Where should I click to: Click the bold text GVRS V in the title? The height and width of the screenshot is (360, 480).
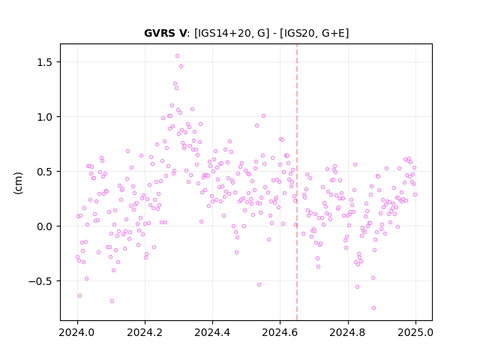pyautogui.click(x=165, y=33)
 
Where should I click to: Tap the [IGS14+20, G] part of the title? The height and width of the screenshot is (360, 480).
pyautogui.click(x=232, y=33)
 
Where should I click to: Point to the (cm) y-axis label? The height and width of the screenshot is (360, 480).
pyautogui.click(x=18, y=183)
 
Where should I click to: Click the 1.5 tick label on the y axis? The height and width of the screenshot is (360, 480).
pyautogui.click(x=45, y=62)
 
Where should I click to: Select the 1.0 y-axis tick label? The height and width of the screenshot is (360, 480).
pyautogui.click(x=45, y=117)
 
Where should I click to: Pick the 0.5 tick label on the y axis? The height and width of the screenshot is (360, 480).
pyautogui.click(x=45, y=172)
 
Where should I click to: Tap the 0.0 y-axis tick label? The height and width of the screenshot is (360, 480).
pyautogui.click(x=45, y=226)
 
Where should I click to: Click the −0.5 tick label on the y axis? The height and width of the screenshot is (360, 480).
pyautogui.click(x=40, y=281)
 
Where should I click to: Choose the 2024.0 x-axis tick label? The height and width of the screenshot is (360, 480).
pyautogui.click(x=77, y=332)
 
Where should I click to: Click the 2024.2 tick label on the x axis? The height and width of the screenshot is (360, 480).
pyautogui.click(x=145, y=332)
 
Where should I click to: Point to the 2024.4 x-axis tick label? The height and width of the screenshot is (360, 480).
pyautogui.click(x=212, y=332)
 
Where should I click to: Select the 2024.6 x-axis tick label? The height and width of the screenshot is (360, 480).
pyautogui.click(x=280, y=332)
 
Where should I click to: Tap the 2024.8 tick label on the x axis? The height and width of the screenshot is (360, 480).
pyautogui.click(x=348, y=332)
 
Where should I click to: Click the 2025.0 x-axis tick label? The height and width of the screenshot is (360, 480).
pyautogui.click(x=415, y=332)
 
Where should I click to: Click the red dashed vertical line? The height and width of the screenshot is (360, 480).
pyautogui.click(x=297, y=182)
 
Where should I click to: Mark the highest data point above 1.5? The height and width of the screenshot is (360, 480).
pyautogui.click(x=177, y=56)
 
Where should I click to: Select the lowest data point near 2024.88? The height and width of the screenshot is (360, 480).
pyautogui.click(x=373, y=308)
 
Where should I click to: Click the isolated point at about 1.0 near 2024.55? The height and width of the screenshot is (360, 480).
pyautogui.click(x=263, y=116)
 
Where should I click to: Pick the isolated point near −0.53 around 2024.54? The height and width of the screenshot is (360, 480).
pyautogui.click(x=259, y=285)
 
